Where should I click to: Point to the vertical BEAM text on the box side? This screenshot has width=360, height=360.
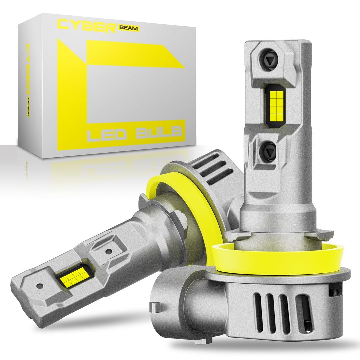29,107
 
